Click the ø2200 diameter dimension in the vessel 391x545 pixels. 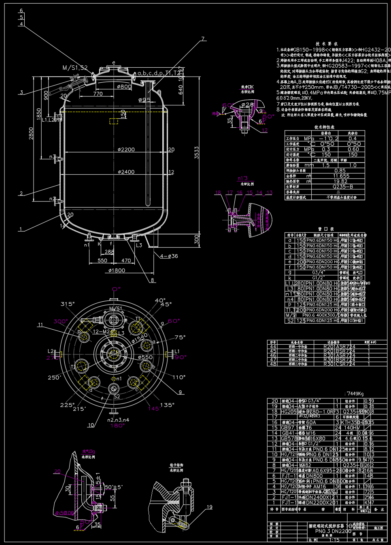(126, 149)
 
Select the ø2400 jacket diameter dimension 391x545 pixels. (126, 172)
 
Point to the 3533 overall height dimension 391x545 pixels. (197, 153)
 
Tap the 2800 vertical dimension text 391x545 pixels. (31, 133)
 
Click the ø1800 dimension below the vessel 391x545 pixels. (117, 270)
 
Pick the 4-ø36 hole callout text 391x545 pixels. (169, 256)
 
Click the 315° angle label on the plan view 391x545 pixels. (68, 304)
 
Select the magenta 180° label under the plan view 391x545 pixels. (117, 425)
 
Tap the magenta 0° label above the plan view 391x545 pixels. (117, 289)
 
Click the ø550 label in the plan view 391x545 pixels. (145, 357)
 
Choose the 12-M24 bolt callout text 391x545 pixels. (102, 332)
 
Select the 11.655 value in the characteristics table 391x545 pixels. (341, 176)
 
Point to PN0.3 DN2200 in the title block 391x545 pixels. (333, 531)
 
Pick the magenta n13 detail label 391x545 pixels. (242, 178)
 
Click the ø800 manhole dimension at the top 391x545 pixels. (124, 86)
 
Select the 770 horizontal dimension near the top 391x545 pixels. (98, 94)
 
